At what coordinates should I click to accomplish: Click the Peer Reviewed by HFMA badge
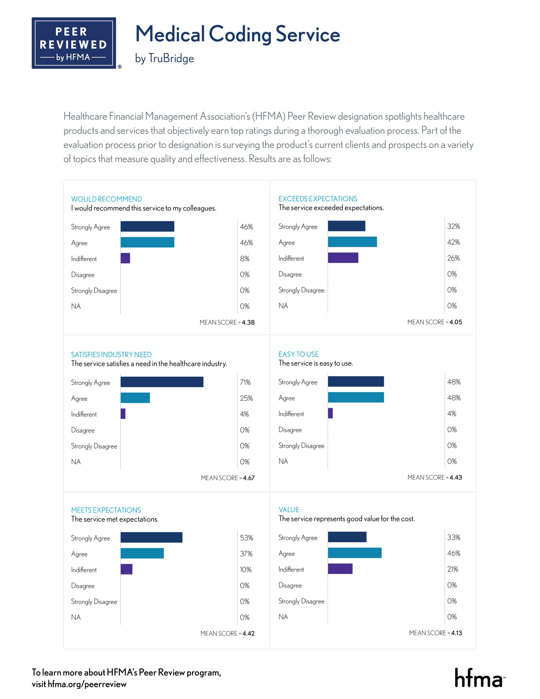point(74,43)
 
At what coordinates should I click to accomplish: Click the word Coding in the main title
point(240,34)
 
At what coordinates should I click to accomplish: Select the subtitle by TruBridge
point(164,58)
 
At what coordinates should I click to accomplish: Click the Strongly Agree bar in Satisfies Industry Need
point(162,382)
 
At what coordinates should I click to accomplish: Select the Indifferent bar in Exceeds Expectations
point(343,258)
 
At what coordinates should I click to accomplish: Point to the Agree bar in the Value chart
point(355,553)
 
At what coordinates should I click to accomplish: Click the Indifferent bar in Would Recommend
point(125,258)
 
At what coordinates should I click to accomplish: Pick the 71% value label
point(245,382)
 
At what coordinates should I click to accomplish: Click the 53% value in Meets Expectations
point(246,538)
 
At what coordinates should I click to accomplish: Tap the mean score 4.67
point(249,478)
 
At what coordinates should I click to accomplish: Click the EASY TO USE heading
point(298,354)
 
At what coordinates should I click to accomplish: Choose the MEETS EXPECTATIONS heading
point(106,510)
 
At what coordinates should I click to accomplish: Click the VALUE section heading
point(288,509)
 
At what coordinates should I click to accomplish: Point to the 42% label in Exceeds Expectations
point(453,242)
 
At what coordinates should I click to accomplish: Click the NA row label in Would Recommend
point(76,306)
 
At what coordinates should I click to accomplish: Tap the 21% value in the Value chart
point(453,569)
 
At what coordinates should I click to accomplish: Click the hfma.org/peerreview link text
point(87,684)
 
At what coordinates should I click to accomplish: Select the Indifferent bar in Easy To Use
point(330,413)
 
